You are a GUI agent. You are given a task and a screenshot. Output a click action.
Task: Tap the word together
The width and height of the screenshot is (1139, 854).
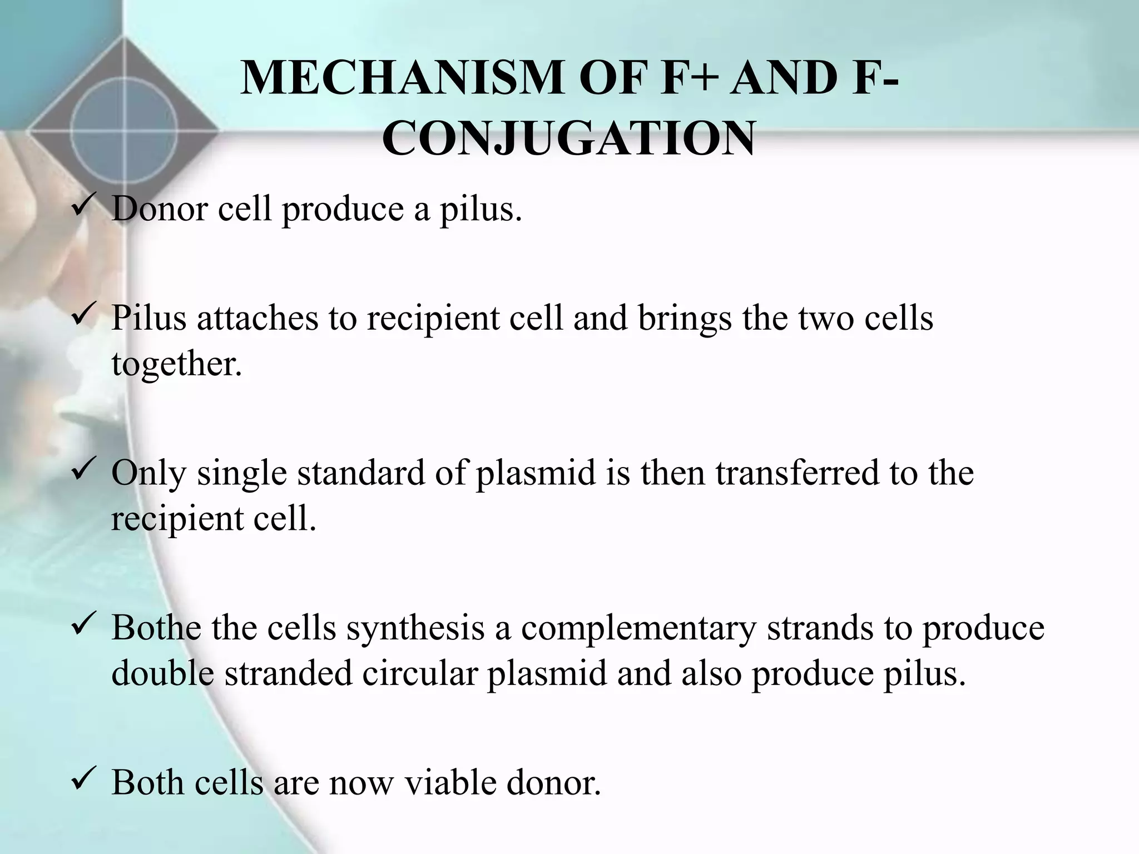pyautogui.click(x=177, y=364)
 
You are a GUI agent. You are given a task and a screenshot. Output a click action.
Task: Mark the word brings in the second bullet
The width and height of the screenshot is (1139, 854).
pyautogui.click(x=685, y=319)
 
